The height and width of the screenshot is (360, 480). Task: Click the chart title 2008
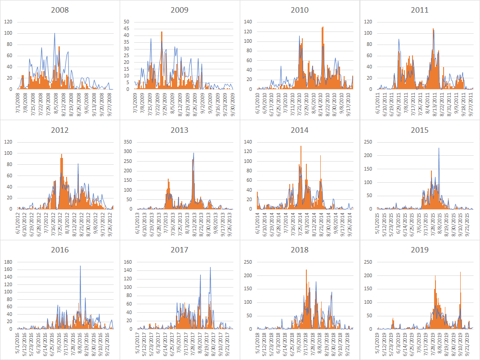(60, 10)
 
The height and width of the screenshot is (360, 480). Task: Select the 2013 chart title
(179, 130)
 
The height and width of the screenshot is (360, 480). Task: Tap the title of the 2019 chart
(420, 250)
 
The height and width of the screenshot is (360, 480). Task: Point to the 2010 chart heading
(300, 10)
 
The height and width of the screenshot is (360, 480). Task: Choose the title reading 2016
(60, 250)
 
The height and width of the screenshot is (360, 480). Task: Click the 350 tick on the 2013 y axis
(127, 141)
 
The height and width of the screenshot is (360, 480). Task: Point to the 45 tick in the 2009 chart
(126, 28)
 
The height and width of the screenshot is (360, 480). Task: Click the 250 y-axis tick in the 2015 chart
(368, 141)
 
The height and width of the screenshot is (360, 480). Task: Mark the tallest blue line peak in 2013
(194, 153)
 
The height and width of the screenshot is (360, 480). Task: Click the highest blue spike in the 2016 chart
(80, 266)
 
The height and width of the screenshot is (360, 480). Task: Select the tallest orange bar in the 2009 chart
(161, 32)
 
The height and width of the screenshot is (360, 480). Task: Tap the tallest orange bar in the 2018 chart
(306, 270)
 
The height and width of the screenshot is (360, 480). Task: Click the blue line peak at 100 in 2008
(55, 33)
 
